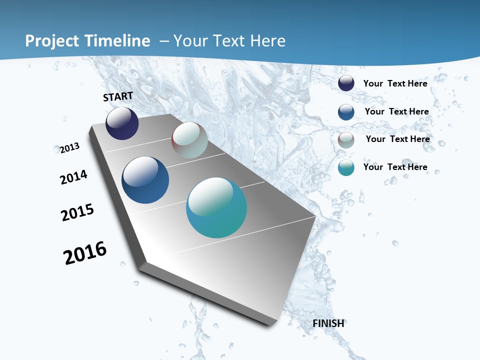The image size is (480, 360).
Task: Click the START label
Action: pyautogui.click(x=118, y=96)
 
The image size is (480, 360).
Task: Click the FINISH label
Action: pyautogui.click(x=328, y=323)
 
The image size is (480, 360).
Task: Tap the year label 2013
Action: pyautogui.click(x=69, y=148)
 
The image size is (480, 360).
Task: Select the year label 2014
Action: pyautogui.click(x=73, y=177)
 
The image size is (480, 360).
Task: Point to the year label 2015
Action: pyautogui.click(x=77, y=212)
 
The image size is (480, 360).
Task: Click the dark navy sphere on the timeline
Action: pyautogui.click(x=122, y=123)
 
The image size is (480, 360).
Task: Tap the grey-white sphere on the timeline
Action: pyautogui.click(x=189, y=140)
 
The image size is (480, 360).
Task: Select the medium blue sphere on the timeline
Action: pyautogui.click(x=145, y=180)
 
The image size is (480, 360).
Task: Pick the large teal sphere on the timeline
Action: pyautogui.click(x=216, y=207)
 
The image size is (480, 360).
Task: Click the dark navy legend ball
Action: pyautogui.click(x=346, y=83)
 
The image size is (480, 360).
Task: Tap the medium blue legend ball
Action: pyautogui.click(x=346, y=111)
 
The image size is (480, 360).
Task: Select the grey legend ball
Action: pyautogui.click(x=346, y=139)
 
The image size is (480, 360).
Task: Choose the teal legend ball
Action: pyautogui.click(x=346, y=167)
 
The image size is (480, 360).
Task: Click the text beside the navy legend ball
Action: pyautogui.click(x=395, y=83)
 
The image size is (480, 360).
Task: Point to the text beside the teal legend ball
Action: pyautogui.click(x=395, y=167)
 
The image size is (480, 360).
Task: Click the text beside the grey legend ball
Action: pyautogui.click(x=397, y=139)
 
